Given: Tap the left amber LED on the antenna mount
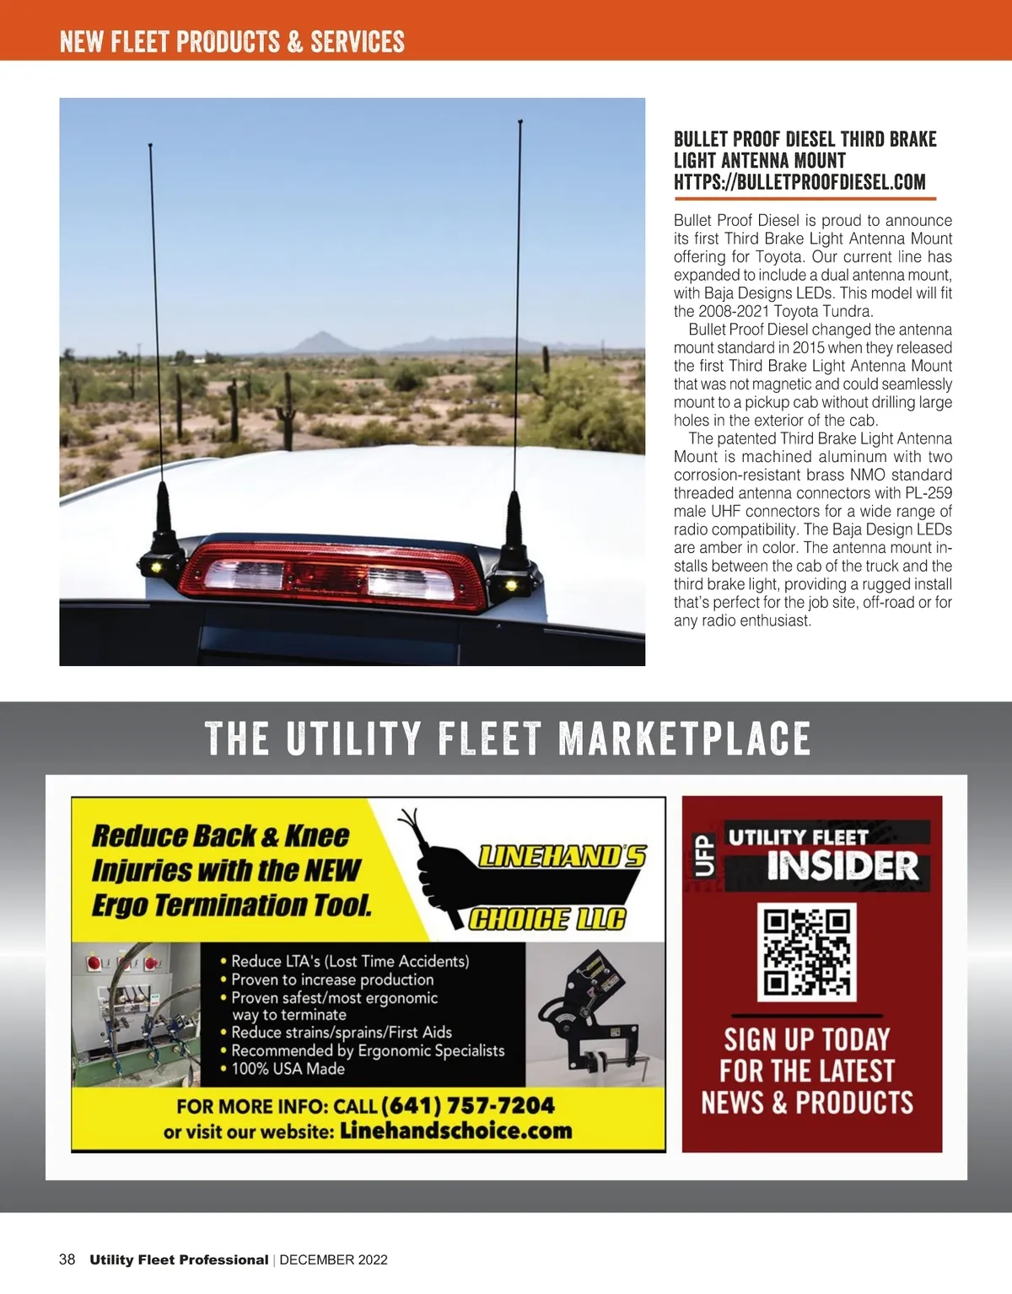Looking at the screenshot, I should (x=157, y=569).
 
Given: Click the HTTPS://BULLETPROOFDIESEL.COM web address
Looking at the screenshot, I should (x=799, y=182).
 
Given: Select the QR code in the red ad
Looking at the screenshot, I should (x=807, y=952).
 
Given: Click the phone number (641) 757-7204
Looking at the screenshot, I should (x=469, y=1105).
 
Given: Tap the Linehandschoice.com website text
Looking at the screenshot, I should (x=455, y=1131).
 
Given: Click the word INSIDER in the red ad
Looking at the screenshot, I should (x=842, y=867).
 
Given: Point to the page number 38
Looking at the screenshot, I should (x=67, y=1259).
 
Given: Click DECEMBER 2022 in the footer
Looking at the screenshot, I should (x=333, y=1260).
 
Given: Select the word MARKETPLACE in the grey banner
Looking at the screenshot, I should (x=684, y=738).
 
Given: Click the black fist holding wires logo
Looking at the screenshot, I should (x=439, y=868).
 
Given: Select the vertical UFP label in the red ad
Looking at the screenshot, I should (x=704, y=856).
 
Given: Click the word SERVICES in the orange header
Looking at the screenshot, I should (x=358, y=41).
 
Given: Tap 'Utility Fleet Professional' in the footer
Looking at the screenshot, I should (x=179, y=1260).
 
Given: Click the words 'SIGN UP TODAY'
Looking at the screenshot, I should (x=807, y=1039).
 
